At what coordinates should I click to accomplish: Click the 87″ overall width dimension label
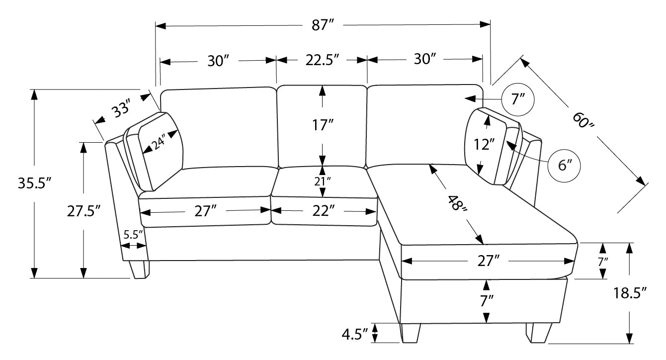point(323,25)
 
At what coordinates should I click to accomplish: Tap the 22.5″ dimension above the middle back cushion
point(322,60)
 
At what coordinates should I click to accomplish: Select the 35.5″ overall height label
point(35,183)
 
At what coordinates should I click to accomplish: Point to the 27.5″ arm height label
point(84,211)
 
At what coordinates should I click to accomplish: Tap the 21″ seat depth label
point(322,181)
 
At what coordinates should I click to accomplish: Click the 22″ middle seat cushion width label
point(324,211)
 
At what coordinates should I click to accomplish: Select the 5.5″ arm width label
point(133,235)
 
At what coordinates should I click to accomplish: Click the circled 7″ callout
point(517,99)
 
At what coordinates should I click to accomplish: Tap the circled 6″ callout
point(564,166)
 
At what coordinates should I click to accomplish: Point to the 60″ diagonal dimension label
point(583,120)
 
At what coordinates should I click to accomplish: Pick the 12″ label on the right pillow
point(484,145)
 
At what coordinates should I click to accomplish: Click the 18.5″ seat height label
point(630,293)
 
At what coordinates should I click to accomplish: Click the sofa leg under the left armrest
point(139,270)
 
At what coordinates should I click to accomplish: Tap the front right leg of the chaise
point(538,333)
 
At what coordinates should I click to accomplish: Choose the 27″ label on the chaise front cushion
point(489,261)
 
